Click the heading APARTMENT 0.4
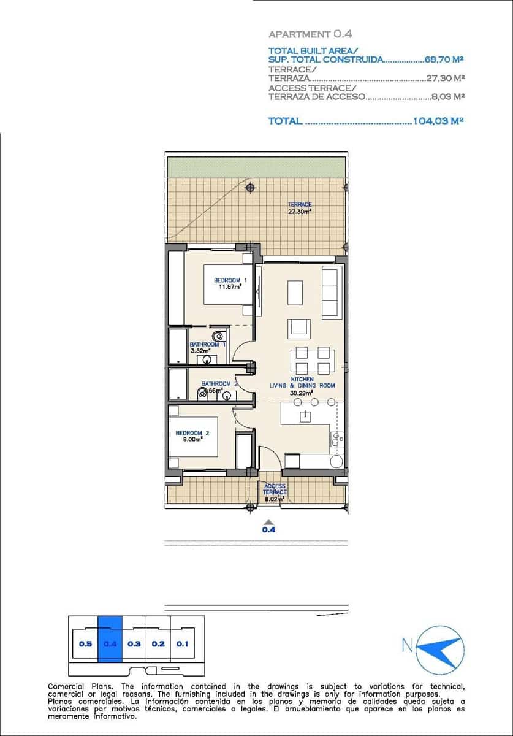(310, 35)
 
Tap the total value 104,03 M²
(438, 121)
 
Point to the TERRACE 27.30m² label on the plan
(300, 208)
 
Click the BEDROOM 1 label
(230, 283)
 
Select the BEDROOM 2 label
(192, 435)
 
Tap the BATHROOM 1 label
(207, 347)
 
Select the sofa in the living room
(331, 291)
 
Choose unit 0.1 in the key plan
(182, 644)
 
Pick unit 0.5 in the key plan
(85, 644)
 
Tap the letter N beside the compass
(406, 645)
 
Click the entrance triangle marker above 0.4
(268, 523)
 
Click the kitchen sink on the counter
(335, 439)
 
